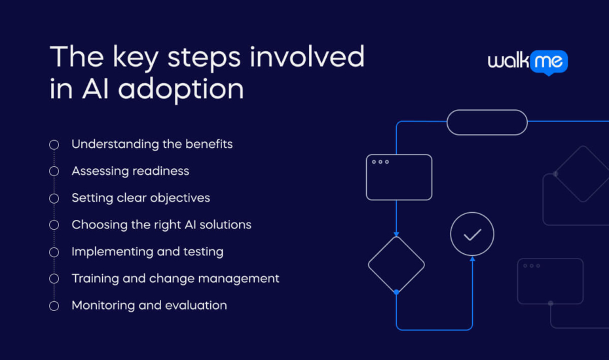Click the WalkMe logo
pos(527,62)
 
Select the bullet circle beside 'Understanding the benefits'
pos(54,144)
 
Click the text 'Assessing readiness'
pos(130,171)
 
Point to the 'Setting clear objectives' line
pos(141,198)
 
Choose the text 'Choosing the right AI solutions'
pos(161,225)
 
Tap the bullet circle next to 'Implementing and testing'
pos(54,252)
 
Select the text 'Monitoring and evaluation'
pos(149,305)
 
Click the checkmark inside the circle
pos(472,234)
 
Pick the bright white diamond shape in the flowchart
pos(396,264)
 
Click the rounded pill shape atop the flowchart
pos(487,122)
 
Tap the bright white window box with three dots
pos(399,177)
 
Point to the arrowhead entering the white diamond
pos(396,234)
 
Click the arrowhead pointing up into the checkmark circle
pos(472,259)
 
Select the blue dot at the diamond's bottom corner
pos(396,292)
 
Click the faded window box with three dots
pos(550,281)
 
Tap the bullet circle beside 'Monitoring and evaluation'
pos(54,306)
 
